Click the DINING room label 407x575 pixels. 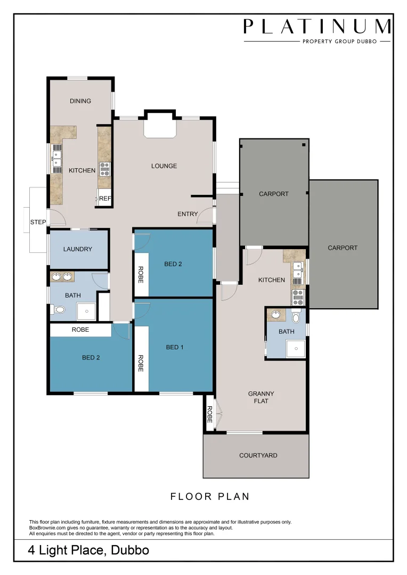click(80, 101)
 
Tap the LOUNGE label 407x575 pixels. click(164, 166)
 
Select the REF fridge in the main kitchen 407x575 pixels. click(104, 198)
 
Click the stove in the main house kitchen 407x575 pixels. click(105, 169)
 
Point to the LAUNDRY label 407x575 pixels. click(78, 249)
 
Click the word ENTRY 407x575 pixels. click(188, 214)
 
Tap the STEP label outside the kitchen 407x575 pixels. click(38, 222)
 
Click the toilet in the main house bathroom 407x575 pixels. click(59, 310)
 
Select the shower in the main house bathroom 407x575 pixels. click(86, 311)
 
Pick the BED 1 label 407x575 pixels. click(175, 347)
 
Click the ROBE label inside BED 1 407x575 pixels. click(141, 364)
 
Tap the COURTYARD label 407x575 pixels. click(258, 455)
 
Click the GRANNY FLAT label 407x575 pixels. click(261, 398)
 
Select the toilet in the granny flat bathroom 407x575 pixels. click(296, 316)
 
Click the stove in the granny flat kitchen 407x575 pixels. click(298, 298)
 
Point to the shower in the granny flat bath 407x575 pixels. click(296, 348)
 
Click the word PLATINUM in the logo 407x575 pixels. click(318, 27)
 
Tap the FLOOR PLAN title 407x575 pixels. click(210, 497)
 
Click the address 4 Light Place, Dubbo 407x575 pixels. click(88, 551)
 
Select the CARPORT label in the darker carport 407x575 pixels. click(274, 194)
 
